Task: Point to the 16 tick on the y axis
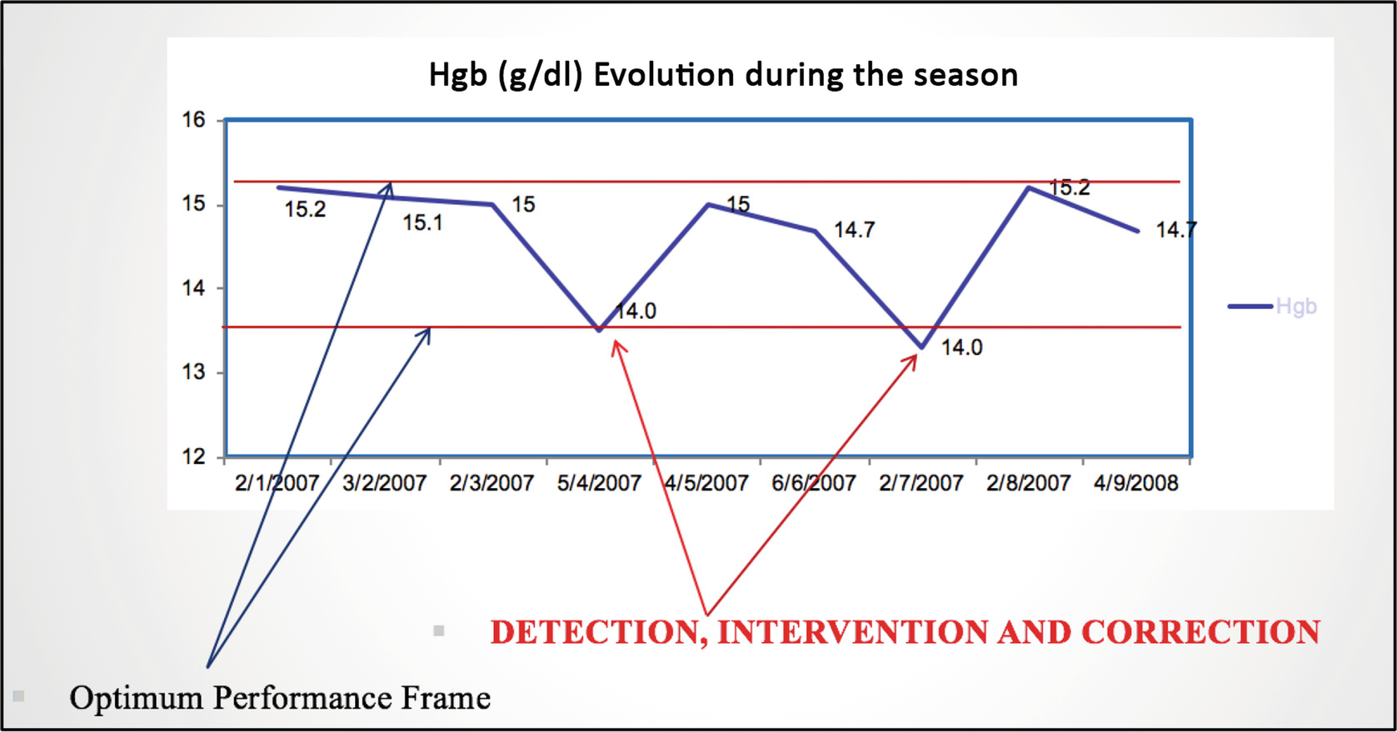point(193,119)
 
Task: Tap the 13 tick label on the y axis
point(193,372)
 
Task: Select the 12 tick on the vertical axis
point(193,456)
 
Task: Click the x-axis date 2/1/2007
point(277,483)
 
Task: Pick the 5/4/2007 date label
point(599,483)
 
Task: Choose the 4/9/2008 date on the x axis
point(1135,483)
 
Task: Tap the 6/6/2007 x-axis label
point(813,483)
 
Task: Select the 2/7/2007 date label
point(921,483)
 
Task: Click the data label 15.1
point(422,222)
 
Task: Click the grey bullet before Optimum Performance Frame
point(18,696)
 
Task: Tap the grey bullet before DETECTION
point(439,630)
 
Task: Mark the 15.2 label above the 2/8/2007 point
point(1069,187)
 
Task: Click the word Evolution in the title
point(664,75)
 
